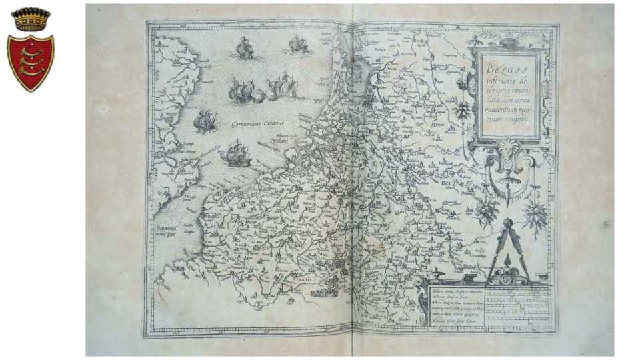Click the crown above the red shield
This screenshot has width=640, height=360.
[x=31, y=19]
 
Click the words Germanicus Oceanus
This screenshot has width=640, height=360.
[x=257, y=124]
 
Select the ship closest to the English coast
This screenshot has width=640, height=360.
[x=205, y=120]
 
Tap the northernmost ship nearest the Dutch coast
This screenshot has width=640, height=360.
[x=298, y=45]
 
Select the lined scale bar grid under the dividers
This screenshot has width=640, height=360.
[x=517, y=303]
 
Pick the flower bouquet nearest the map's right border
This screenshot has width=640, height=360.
[x=535, y=215]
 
